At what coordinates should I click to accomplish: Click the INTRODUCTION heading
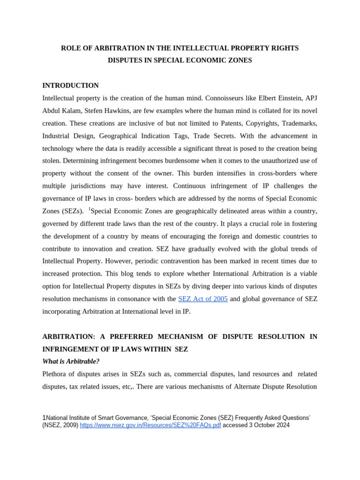70,85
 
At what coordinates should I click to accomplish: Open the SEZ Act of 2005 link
202,299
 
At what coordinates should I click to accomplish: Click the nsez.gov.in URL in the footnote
150,425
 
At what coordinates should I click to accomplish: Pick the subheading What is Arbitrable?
71,361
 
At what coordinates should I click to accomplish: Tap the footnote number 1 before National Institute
44,417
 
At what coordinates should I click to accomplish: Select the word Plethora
56,374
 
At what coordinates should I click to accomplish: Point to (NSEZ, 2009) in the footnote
60,425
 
